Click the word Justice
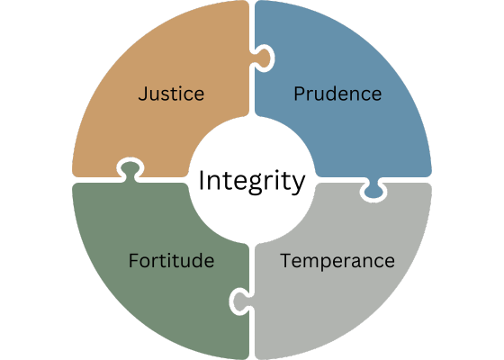coord(171,94)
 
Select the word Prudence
coord(337,94)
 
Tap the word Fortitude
coord(171,260)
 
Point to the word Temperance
coord(337,261)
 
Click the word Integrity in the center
coord(252,182)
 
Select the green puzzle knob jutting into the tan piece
coord(130,170)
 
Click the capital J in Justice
coord(142,94)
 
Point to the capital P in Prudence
coord(299,94)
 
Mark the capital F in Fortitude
coord(133,260)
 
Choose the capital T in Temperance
coord(286,260)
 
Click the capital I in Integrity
coord(202,180)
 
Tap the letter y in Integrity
coord(298,184)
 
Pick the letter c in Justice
coord(187,95)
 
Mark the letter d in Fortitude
coord(196,260)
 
